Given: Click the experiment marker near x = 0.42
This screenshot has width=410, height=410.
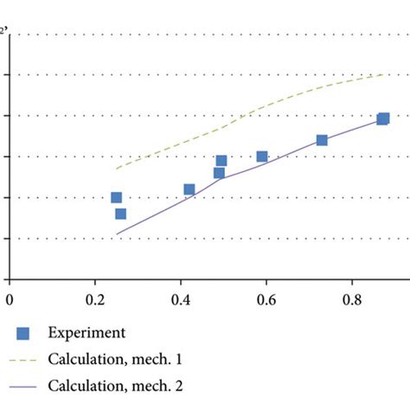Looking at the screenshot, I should coord(189,189).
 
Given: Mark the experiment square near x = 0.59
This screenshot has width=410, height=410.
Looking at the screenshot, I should coord(262,157).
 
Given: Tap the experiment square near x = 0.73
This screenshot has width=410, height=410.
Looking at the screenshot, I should coord(322,140).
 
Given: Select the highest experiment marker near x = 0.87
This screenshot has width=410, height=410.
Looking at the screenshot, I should coord(383,119).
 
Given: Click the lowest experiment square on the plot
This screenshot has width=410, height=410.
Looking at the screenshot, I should coord(120,214).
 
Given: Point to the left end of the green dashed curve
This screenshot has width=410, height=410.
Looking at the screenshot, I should coord(117,168).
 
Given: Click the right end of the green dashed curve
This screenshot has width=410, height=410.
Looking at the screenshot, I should coord(382,75).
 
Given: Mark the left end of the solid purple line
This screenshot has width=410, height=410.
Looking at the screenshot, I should coord(117,234).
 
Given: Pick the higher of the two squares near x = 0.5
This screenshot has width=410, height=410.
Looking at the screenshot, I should coord(221,161).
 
